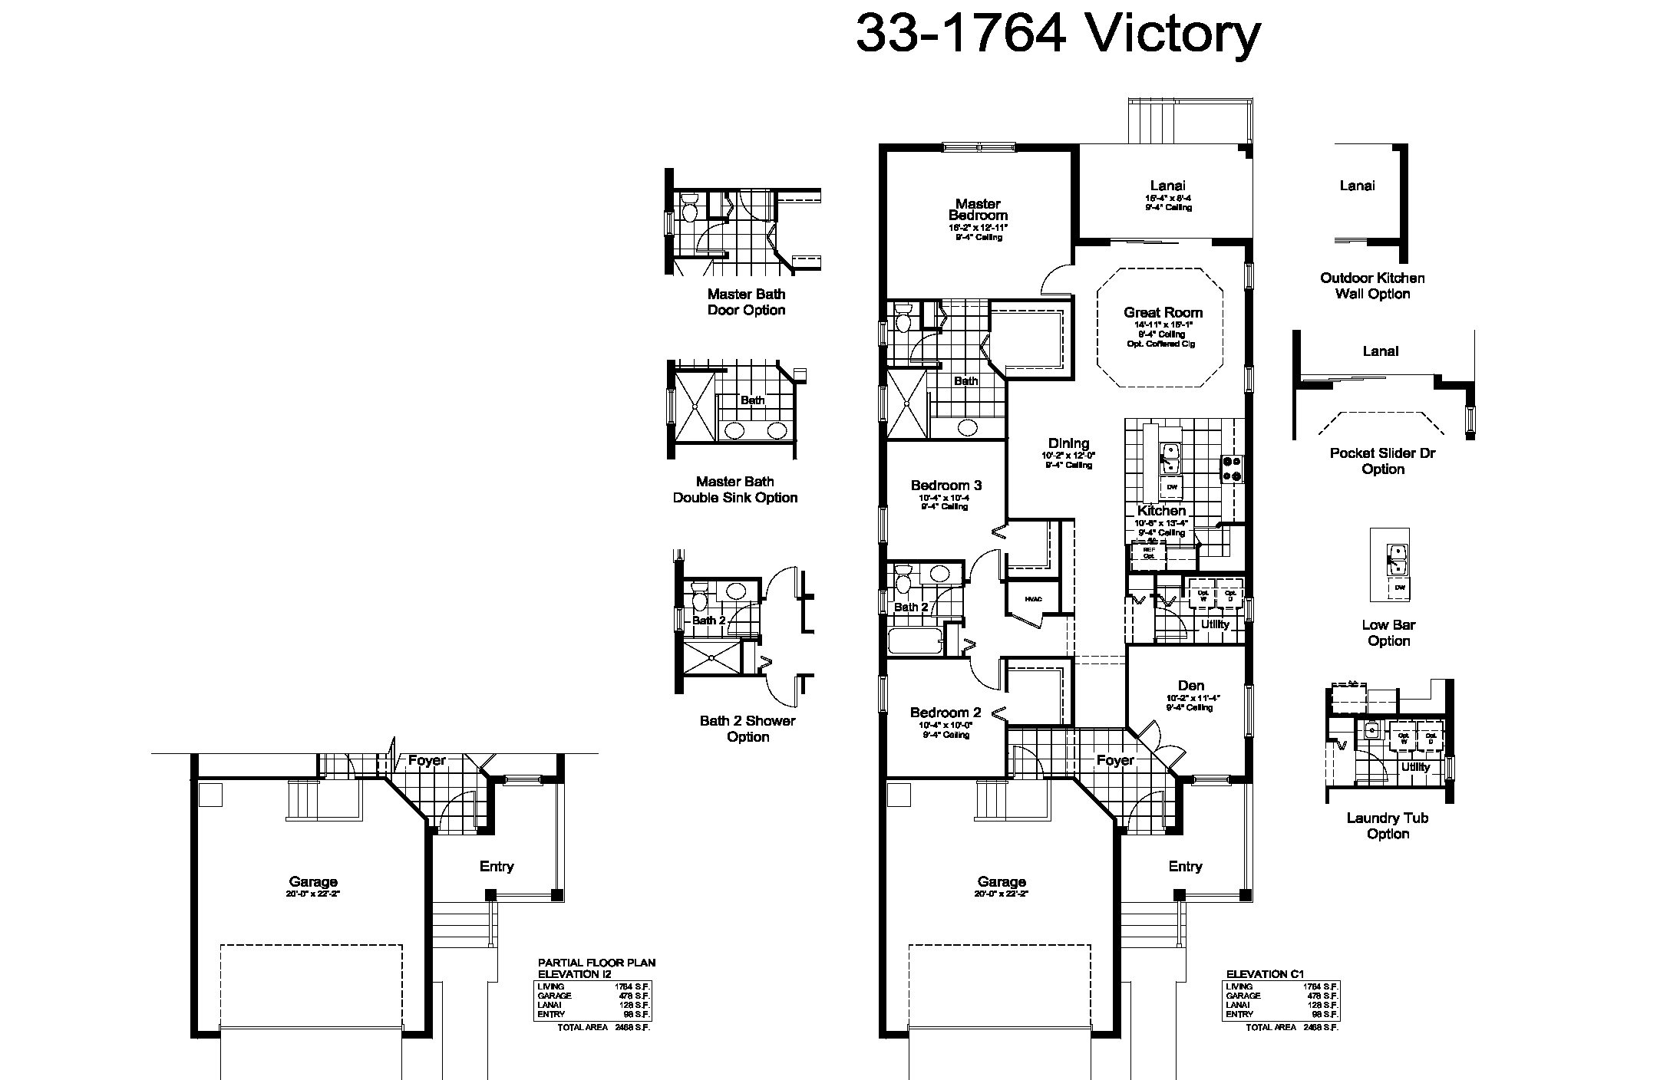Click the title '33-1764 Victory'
tap(1058, 34)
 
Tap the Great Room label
tap(1163, 312)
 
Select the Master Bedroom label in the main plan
tap(978, 209)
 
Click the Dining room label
tap(1068, 443)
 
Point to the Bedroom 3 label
tap(946, 485)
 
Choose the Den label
tap(1190, 685)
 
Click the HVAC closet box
tap(1033, 599)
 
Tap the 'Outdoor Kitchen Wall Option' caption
tap(1372, 286)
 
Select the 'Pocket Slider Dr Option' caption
tap(1382, 461)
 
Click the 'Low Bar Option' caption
tap(1388, 633)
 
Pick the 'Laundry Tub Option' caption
tap(1387, 825)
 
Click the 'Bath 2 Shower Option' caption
tap(748, 729)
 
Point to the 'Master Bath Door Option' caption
tap(746, 302)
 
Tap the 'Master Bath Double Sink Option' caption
tap(735, 489)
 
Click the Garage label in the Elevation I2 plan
tap(313, 882)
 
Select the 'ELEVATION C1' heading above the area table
tap(1265, 974)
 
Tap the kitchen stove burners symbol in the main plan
tap(1231, 468)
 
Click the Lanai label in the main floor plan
tap(1167, 186)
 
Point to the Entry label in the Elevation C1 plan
tap(1185, 866)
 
